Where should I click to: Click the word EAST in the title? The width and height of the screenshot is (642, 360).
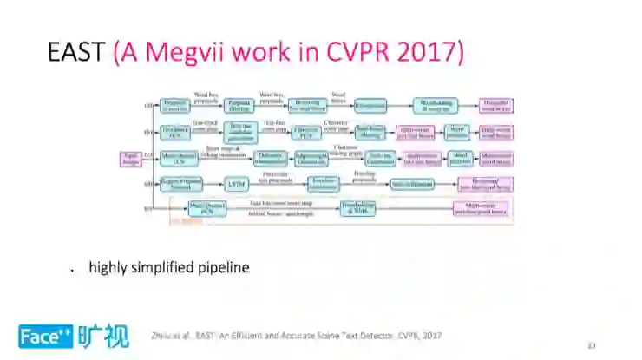point(78,53)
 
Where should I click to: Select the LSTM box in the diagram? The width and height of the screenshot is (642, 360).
point(236,183)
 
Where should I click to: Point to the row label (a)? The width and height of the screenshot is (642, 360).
point(148,106)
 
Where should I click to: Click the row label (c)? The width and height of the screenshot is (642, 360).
point(148,156)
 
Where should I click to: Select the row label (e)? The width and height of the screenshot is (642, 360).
point(148,208)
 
